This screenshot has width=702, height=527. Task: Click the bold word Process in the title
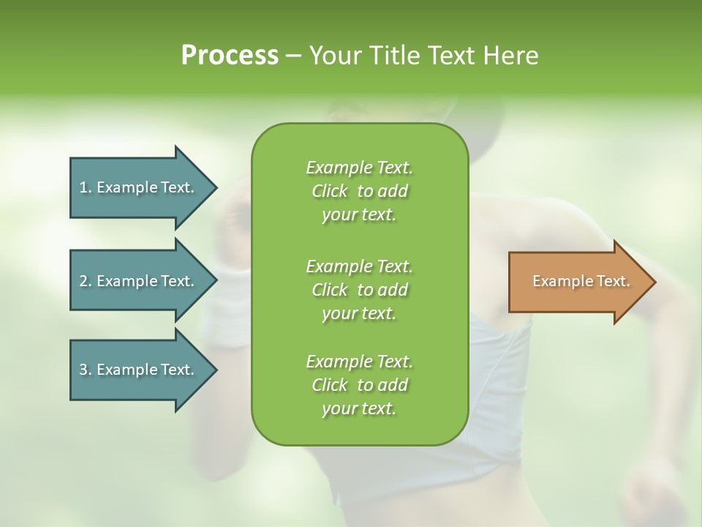pyautogui.click(x=230, y=56)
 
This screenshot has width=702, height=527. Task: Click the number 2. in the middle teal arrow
pyautogui.click(x=86, y=281)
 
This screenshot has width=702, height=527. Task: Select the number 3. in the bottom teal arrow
pyautogui.click(x=86, y=370)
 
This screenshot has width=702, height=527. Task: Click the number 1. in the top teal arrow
pyautogui.click(x=86, y=187)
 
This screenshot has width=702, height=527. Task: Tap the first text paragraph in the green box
pyautogui.click(x=359, y=191)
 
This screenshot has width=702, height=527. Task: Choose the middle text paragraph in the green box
pyautogui.click(x=359, y=289)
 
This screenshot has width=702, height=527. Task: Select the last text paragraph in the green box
pyautogui.click(x=359, y=385)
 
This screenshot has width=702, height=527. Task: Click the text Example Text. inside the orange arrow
pyautogui.click(x=581, y=281)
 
